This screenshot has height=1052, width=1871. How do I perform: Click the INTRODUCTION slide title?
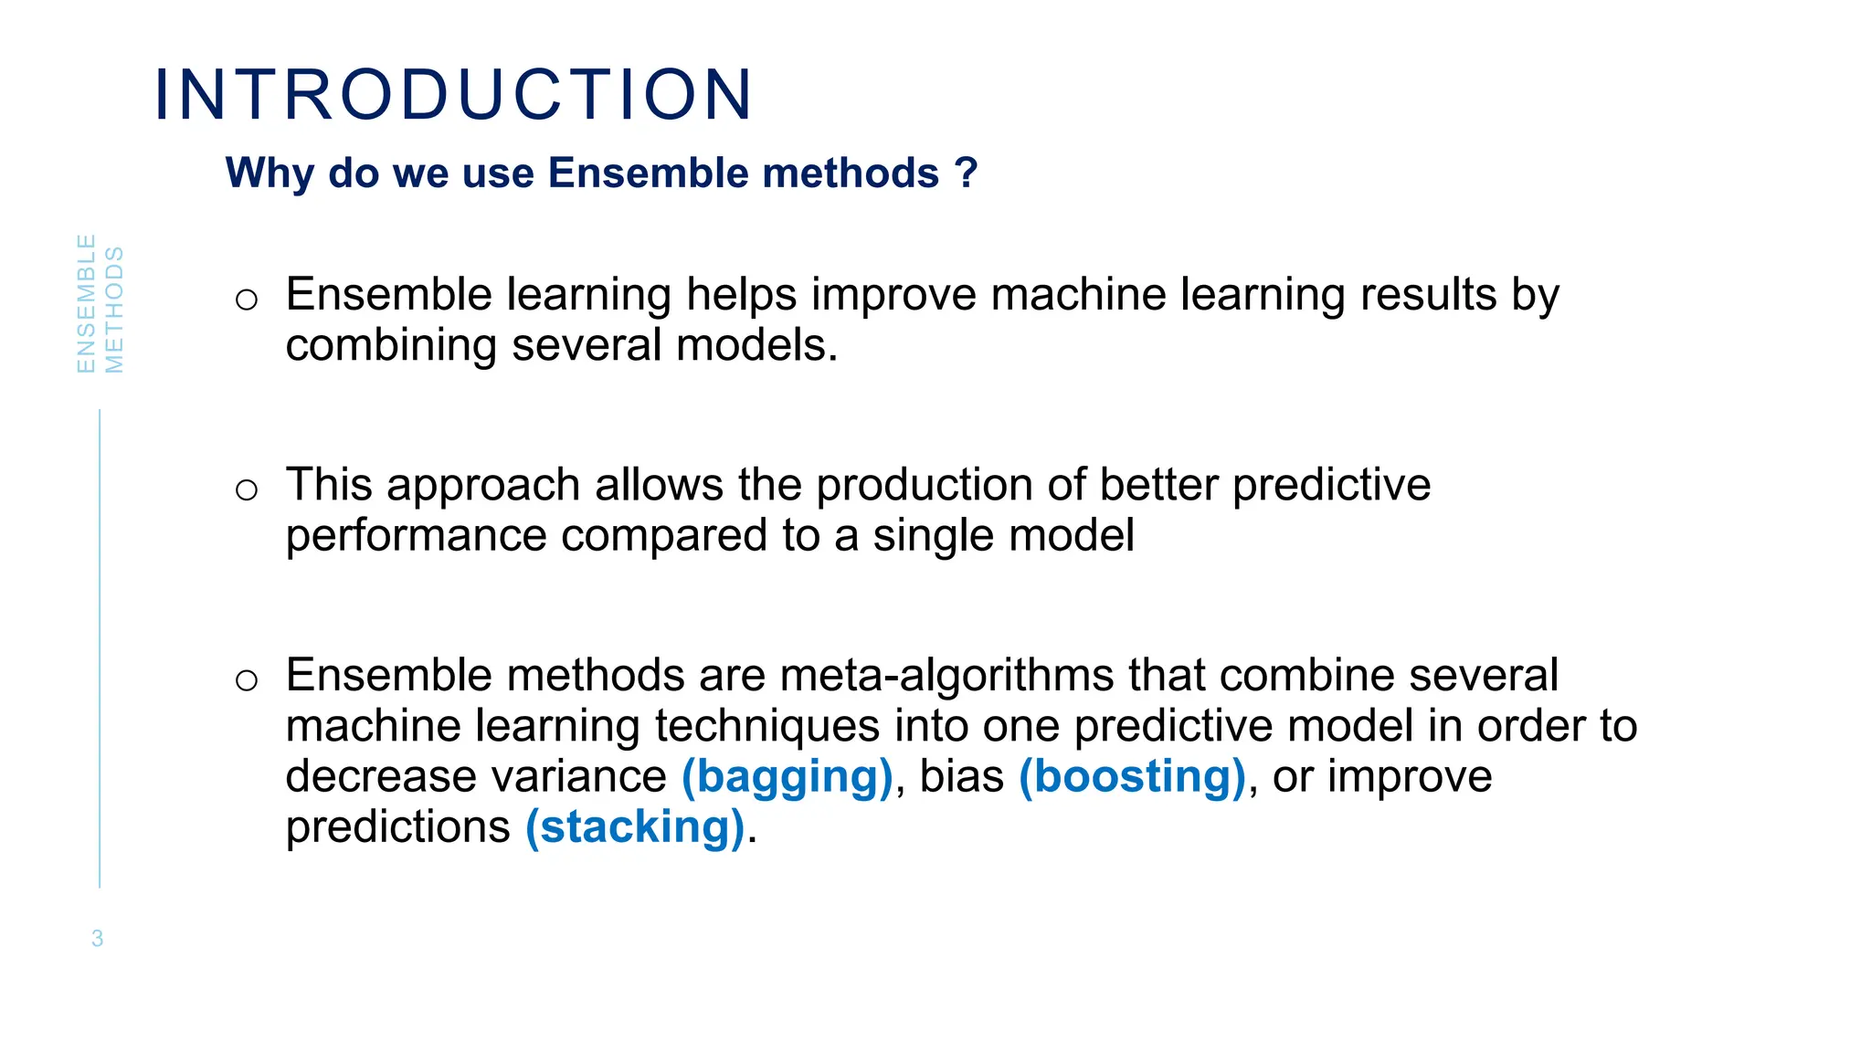coord(453,95)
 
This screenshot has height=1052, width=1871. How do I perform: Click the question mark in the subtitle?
coord(967,173)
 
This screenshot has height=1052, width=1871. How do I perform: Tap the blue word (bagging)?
coord(787,777)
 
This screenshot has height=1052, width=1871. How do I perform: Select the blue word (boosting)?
coord(1132,777)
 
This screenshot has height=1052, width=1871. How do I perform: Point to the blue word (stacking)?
coord(635,827)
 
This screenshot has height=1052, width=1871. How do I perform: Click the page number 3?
coord(97,938)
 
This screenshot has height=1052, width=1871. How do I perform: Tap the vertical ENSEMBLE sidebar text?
coord(86,303)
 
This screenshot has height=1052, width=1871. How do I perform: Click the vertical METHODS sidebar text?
coord(114,310)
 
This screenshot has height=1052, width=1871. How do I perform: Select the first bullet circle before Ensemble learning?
coord(247,300)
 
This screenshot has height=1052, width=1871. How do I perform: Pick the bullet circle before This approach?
coord(247,490)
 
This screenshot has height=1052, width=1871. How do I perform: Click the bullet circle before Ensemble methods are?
coord(247,680)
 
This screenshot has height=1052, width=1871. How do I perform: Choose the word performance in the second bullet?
coord(416,536)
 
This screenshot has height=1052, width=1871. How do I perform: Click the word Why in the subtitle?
coord(270,173)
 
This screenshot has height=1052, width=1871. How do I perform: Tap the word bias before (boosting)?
coord(961,777)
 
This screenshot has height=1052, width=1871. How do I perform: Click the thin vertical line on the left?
coord(100,648)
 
